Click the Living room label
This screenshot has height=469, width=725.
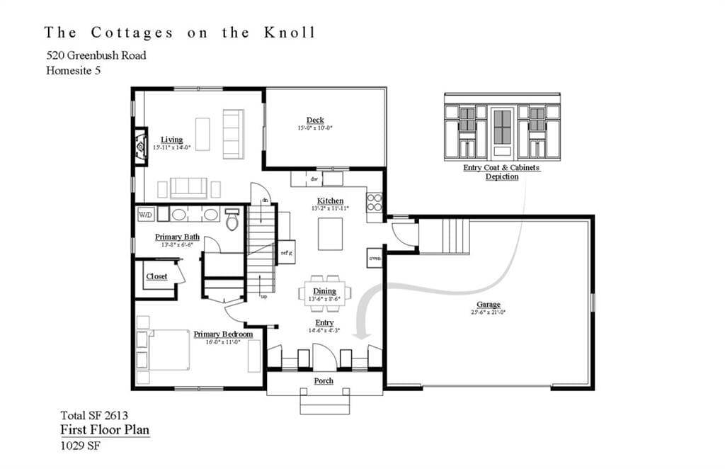click(x=171, y=140)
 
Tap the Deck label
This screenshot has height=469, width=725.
click(x=315, y=120)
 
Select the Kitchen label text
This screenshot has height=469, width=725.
click(x=330, y=201)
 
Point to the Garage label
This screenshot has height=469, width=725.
click(x=489, y=305)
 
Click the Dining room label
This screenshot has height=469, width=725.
click(x=324, y=291)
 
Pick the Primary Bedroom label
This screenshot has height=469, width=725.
click(x=223, y=334)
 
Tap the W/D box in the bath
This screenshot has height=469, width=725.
click(x=145, y=214)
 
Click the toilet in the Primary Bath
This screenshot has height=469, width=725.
click(x=232, y=219)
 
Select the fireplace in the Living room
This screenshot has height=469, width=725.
click(x=140, y=145)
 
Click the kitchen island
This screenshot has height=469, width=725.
click(x=330, y=234)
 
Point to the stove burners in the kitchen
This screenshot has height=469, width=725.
click(x=374, y=203)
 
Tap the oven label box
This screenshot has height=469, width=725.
click(x=375, y=258)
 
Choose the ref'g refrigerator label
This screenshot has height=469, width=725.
click(x=286, y=252)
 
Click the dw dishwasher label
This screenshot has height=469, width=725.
click(x=313, y=179)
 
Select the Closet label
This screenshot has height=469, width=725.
click(x=156, y=276)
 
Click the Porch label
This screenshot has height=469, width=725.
click(x=324, y=381)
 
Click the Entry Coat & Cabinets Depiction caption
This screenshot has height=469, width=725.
click(x=501, y=172)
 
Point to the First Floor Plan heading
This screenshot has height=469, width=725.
click(x=105, y=430)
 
